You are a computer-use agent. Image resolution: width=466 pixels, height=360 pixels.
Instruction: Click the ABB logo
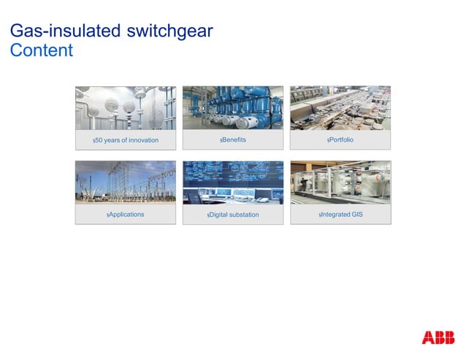[x=438, y=337]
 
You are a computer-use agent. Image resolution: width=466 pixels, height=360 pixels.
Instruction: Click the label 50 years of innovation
[x=126, y=140]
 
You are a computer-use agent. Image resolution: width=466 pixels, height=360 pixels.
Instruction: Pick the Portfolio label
[x=341, y=139]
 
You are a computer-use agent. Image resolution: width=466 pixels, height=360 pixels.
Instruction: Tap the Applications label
[x=126, y=215]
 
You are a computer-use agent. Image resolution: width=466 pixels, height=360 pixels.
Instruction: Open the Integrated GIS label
[x=342, y=215]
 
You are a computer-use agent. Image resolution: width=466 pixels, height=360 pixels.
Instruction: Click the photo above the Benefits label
[x=233, y=108]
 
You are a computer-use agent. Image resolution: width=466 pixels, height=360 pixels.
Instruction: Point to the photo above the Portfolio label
[x=340, y=108]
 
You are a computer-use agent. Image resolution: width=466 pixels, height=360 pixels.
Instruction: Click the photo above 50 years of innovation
[x=126, y=108]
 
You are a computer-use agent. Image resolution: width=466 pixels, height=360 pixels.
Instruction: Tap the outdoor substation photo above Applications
[x=126, y=183]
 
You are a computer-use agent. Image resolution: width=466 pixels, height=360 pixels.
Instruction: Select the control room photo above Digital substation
[x=233, y=183]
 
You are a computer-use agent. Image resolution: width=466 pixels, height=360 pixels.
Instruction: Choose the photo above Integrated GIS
[x=340, y=183]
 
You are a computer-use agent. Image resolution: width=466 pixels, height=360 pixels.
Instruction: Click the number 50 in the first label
[x=99, y=140]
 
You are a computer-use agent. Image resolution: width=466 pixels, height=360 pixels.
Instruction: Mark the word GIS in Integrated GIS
[x=356, y=215]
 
